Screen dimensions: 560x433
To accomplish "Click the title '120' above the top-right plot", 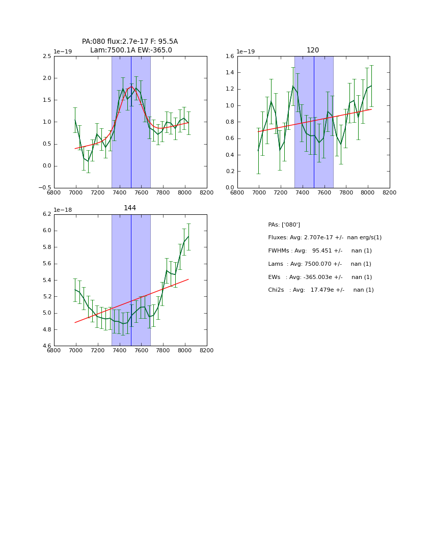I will pyautogui.click(x=313, y=50).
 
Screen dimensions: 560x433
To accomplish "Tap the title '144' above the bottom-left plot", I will pyautogui.click(x=130, y=208).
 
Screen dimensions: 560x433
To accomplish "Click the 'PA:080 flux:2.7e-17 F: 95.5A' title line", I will pyautogui.click(x=130, y=42).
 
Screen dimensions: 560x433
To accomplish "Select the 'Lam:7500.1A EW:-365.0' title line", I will pyautogui.click(x=131, y=50).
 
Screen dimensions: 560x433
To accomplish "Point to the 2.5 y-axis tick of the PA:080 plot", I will pyautogui.click(x=46, y=57).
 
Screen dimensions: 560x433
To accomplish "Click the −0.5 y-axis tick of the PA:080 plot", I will pyautogui.click(x=44, y=188).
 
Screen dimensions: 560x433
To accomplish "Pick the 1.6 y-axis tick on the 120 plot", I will pyautogui.click(x=230, y=57).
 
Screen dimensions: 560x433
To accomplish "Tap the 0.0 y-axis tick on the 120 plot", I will pyautogui.click(x=230, y=188).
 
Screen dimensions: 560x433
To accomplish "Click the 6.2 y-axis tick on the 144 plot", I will pyautogui.click(x=46, y=214).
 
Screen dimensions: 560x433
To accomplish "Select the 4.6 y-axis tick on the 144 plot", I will pyautogui.click(x=46, y=346).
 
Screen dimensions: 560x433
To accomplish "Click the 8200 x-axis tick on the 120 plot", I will pyautogui.click(x=390, y=193).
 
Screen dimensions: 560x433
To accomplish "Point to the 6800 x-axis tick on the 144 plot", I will pyautogui.click(x=54, y=351).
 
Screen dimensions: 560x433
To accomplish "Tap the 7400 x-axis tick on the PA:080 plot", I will pyautogui.click(x=119, y=193).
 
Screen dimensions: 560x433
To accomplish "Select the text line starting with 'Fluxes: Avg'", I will pyautogui.click(x=324, y=238).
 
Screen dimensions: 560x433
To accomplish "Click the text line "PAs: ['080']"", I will pyautogui.click(x=284, y=225).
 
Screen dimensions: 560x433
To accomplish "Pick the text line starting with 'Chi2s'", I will pyautogui.click(x=320, y=290).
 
